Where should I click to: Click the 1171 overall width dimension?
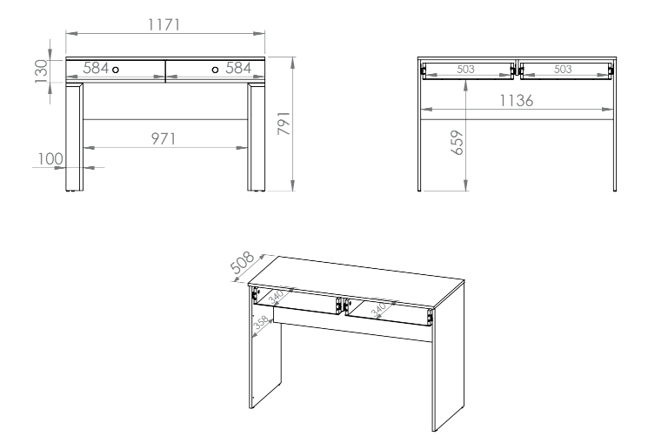164,24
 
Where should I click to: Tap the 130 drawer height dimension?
42,71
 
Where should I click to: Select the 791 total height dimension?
284,124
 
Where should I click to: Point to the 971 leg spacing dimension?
164,138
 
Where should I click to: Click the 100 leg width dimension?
50,158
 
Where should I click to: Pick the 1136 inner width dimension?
516,101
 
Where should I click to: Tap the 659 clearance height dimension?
457,143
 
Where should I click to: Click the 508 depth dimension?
242,262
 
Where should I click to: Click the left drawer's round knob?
116,70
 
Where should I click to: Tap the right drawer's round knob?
215,70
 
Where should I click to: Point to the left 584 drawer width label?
96,68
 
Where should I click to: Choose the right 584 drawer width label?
238,68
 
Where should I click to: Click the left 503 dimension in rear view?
465,69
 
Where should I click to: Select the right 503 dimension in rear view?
563,69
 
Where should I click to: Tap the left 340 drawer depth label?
276,296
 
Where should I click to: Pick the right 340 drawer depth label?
378,310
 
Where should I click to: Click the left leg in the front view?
75,137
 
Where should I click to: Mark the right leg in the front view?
256,137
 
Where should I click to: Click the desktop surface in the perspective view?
356,280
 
